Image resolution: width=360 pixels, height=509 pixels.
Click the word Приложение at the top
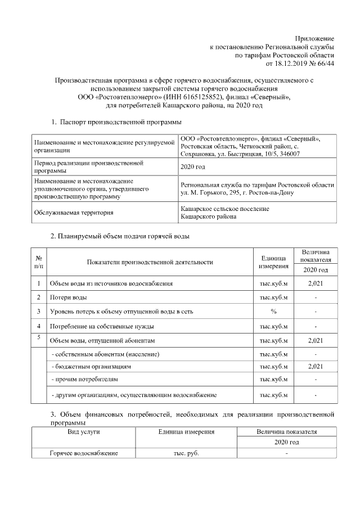coord(316,38)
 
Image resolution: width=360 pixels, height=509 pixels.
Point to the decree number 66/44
coord(326,64)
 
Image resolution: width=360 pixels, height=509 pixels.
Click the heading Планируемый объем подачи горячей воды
coord(124,236)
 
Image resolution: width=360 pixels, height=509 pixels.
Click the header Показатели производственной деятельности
coord(150,262)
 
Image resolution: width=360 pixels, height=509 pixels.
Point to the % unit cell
coord(273,312)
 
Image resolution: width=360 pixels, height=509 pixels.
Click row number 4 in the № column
coord(38,326)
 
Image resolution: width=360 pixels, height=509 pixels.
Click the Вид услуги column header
coord(83,432)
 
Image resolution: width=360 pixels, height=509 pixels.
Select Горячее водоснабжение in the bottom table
coord(83,453)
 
